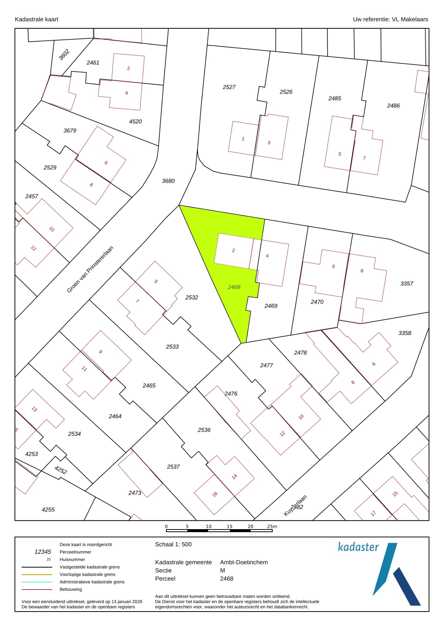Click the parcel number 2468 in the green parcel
pos(234,287)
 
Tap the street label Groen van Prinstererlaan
pos(90,269)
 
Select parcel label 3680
pos(168,181)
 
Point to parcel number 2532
pos(192,297)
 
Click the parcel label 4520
pos(135,121)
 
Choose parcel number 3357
pos(406,284)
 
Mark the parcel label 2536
pos(204,430)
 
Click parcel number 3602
pos(64,55)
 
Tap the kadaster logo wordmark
pos(358,547)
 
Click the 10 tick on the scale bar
pos(208,527)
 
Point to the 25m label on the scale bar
pos(272,527)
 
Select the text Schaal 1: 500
pos(173,544)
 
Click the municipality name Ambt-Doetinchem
pos(244,562)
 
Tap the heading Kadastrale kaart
pos(36,19)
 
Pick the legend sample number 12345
pos(43,552)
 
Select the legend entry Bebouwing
pos(71,589)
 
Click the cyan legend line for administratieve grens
pos(37,582)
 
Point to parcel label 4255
pos(48,510)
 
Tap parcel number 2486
pos(393,106)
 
